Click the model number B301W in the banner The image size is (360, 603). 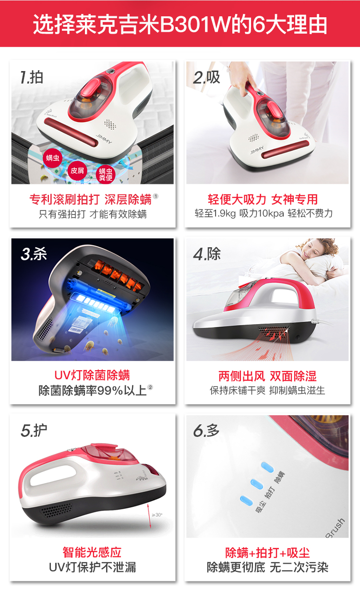[x=196, y=24]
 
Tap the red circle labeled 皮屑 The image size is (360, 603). [x=77, y=170]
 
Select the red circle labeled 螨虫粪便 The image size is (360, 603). [x=106, y=174]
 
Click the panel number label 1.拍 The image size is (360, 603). [x=32, y=77]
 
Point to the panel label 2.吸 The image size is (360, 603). [x=206, y=77]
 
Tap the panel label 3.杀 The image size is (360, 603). [x=34, y=254]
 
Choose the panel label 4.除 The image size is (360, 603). [x=207, y=254]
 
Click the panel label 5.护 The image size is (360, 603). [x=34, y=431]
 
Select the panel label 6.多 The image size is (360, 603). [x=206, y=431]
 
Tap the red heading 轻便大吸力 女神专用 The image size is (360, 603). [x=263, y=199]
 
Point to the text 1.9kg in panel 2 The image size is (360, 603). [x=224, y=214]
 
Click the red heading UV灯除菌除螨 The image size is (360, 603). [x=92, y=375]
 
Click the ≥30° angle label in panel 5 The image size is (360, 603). [x=157, y=515]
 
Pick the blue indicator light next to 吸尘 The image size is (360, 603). [x=246, y=501]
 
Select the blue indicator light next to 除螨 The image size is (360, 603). [x=267, y=468]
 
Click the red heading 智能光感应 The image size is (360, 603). [x=92, y=552]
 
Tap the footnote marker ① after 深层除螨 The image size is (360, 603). [x=156, y=196]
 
